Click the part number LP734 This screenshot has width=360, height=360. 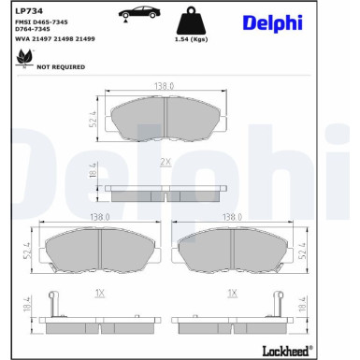pos(29,11)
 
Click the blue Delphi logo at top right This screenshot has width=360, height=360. pos(272,23)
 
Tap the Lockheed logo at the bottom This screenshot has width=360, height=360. pos(287,351)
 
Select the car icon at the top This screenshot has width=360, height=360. pos(138,13)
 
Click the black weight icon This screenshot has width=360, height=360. pos(191,21)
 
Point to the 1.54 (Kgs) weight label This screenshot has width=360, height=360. pos(191,39)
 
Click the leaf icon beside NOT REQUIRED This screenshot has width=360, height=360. pos(24,58)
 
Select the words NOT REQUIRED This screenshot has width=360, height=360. pos(61,67)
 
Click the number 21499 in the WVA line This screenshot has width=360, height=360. pos(85,39)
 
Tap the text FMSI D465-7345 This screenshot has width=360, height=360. pos(41,22)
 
